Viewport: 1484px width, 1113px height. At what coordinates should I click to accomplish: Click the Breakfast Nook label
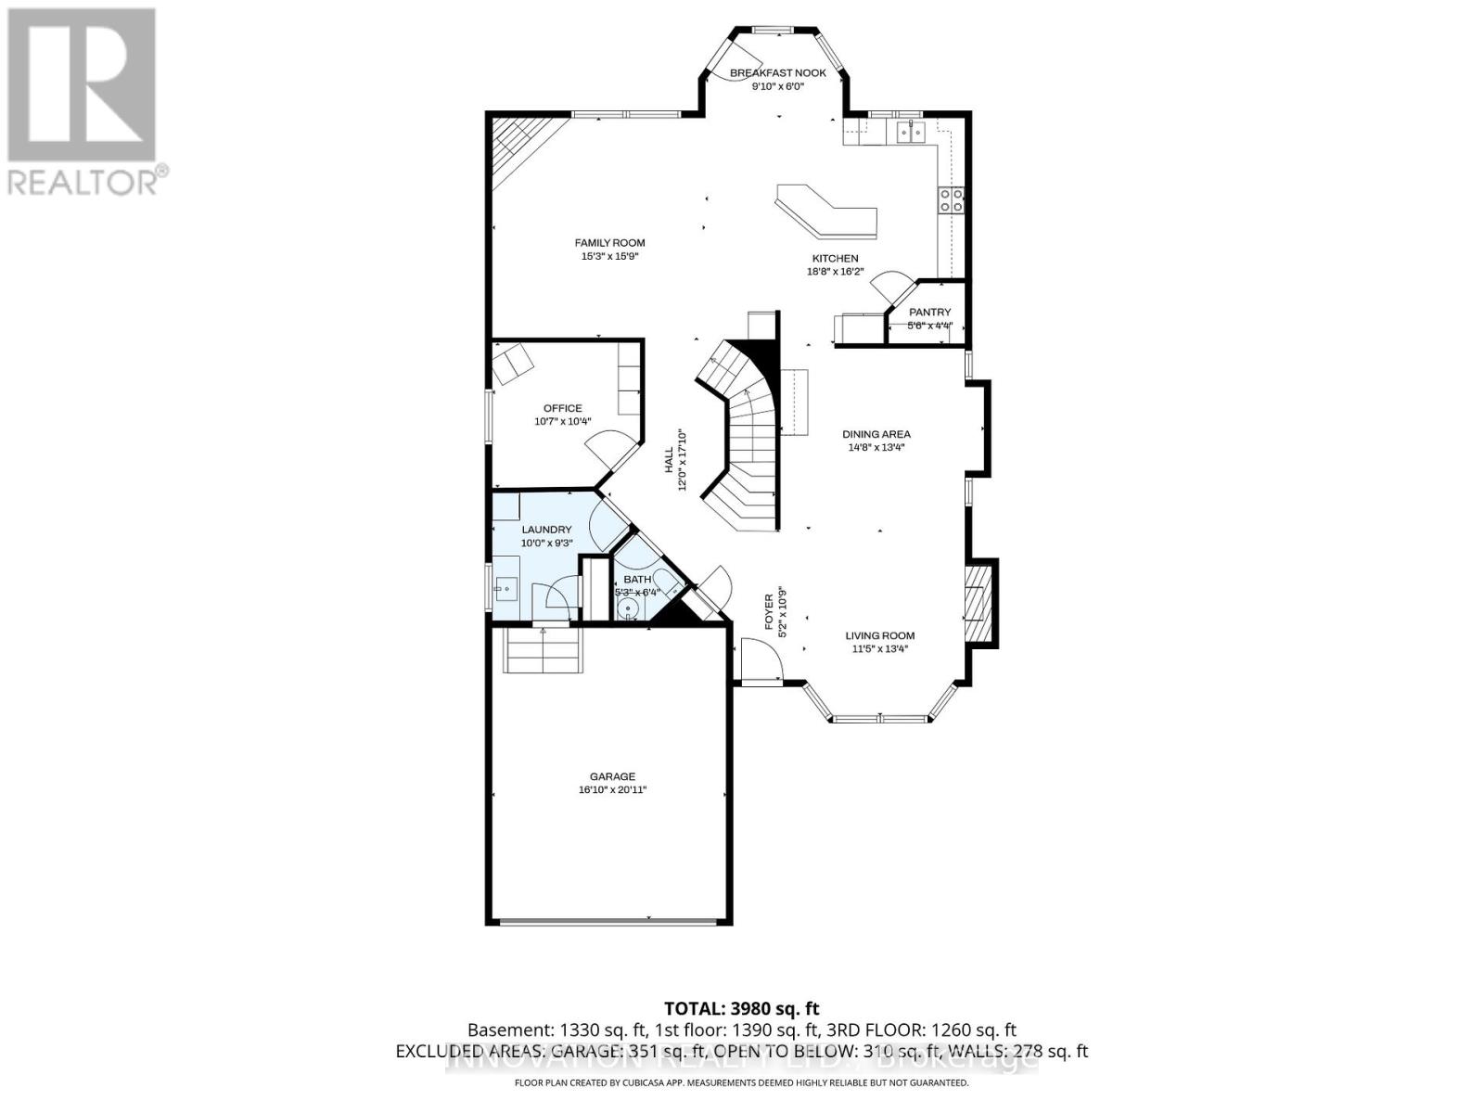coord(777,72)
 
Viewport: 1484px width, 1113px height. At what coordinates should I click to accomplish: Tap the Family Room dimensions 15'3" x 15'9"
coord(609,256)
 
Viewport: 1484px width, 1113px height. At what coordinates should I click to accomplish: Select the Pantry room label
coord(929,313)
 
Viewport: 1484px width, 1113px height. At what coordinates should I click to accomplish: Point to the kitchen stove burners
coord(953,200)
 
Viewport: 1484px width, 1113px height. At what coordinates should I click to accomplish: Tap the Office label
coord(563,408)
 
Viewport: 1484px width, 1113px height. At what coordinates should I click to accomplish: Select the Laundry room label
coord(546,530)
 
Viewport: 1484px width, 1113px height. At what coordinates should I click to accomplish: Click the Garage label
coord(612,776)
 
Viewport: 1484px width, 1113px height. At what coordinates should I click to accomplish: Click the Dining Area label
coord(876,433)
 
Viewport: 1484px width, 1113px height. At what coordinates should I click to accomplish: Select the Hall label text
coord(669,461)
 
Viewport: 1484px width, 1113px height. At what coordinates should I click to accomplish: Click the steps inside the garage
coord(544,649)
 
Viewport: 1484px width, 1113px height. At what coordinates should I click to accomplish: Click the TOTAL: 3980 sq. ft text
coord(742,1008)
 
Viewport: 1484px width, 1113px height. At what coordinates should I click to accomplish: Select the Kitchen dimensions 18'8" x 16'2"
coord(836,272)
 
